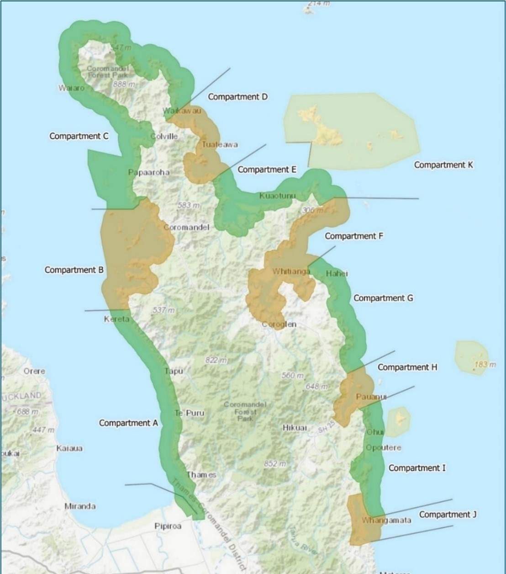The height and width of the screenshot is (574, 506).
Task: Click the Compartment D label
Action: coord(237,97)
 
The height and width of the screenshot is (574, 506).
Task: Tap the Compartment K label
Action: coord(443,165)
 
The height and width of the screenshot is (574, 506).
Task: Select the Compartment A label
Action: coord(128,423)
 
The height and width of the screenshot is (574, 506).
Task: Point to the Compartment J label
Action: coord(448,515)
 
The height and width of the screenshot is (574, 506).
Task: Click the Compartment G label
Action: coord(383,298)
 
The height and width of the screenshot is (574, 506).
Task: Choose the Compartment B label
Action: coord(74,270)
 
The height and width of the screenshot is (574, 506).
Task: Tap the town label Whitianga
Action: coord(291,271)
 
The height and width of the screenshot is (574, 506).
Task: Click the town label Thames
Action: coord(201,475)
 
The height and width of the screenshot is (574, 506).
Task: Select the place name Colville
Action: coord(164,136)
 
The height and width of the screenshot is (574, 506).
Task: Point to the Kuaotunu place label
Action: coord(277,196)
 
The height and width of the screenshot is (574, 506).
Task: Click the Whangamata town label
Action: coord(386,520)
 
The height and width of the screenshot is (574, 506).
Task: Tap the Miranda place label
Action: coord(80,506)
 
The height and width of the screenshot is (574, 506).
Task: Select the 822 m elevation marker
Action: coord(216,360)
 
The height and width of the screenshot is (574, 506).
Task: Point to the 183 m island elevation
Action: coord(485,365)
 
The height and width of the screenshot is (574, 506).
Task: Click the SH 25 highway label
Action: coord(323,426)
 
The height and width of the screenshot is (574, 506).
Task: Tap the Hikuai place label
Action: coord(295,428)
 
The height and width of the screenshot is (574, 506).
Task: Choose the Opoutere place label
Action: coord(384,447)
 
